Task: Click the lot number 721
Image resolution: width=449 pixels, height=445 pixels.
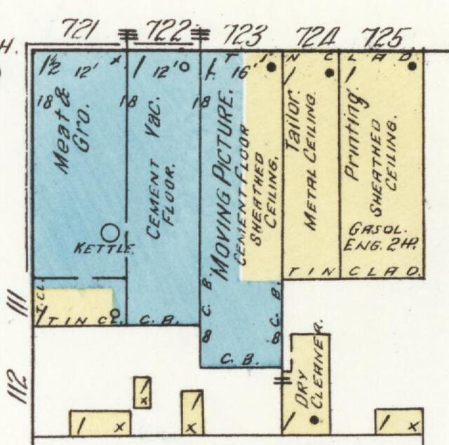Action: point(83,29)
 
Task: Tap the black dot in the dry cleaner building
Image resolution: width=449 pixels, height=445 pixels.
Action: point(314,420)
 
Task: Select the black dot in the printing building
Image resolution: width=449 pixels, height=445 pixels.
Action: point(412,67)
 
